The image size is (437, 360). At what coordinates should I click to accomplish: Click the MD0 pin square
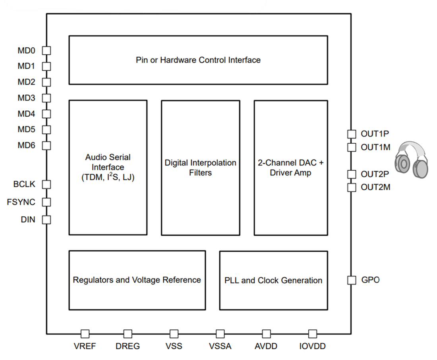tap(46, 50)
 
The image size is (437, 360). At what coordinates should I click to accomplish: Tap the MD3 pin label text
tap(26, 98)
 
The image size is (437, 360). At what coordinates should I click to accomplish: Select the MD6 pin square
tap(46, 146)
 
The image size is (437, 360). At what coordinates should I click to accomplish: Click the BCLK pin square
tap(46, 184)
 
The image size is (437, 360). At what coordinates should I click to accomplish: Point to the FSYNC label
tap(21, 202)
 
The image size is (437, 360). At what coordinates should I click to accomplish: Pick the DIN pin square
tap(46, 219)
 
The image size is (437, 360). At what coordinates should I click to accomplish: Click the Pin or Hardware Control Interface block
tap(198, 60)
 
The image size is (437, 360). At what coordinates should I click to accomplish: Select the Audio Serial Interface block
tap(108, 167)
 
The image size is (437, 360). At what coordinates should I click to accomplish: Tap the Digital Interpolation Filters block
tap(200, 167)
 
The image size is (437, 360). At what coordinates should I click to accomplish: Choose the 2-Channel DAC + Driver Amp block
tap(291, 167)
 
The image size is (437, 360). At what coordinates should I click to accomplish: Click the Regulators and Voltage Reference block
tap(137, 280)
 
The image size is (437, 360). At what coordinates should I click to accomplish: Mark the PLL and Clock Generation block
tap(273, 280)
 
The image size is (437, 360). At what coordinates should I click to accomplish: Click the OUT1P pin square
tap(352, 134)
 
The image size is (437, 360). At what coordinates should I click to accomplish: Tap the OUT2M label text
tap(375, 187)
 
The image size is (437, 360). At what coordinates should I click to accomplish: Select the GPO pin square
tap(352, 280)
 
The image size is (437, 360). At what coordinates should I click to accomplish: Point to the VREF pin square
tap(85, 334)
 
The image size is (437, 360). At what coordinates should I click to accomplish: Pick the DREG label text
tap(128, 346)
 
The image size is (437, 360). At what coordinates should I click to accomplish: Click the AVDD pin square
tap(266, 334)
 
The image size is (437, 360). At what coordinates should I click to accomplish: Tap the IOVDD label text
tap(312, 346)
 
